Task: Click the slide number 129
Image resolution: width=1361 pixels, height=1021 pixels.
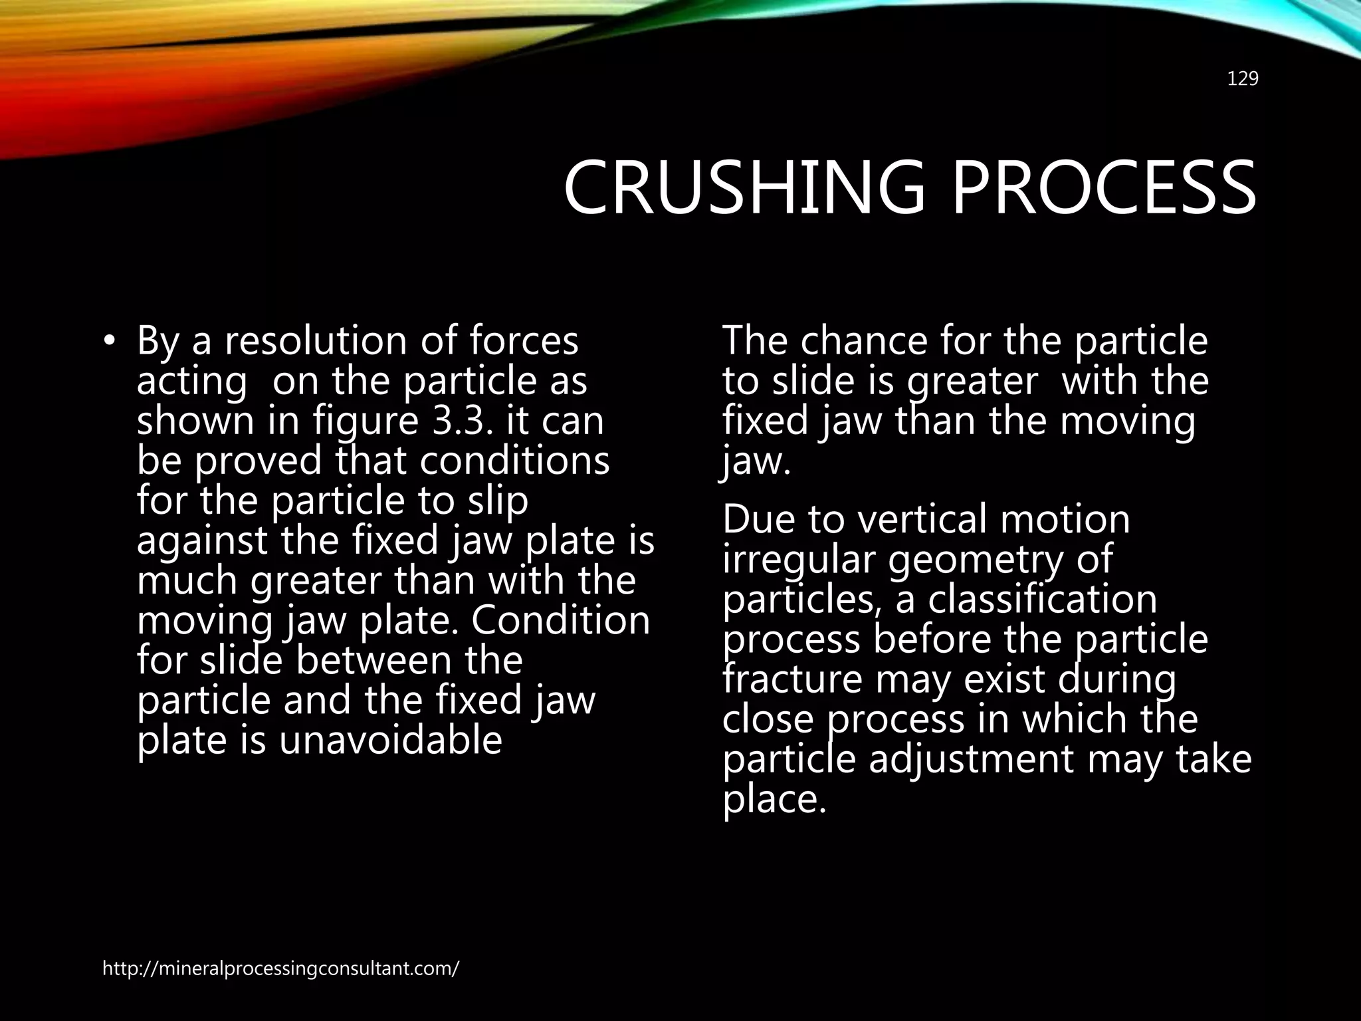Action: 1242,79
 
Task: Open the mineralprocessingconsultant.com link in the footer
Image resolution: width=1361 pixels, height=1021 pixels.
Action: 280,968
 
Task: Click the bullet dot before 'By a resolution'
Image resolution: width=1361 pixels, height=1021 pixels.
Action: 110,342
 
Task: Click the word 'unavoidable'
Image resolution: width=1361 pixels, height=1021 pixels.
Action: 390,740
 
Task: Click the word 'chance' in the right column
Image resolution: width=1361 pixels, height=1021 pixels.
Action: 863,341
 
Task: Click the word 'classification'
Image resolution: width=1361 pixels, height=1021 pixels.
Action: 1042,599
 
